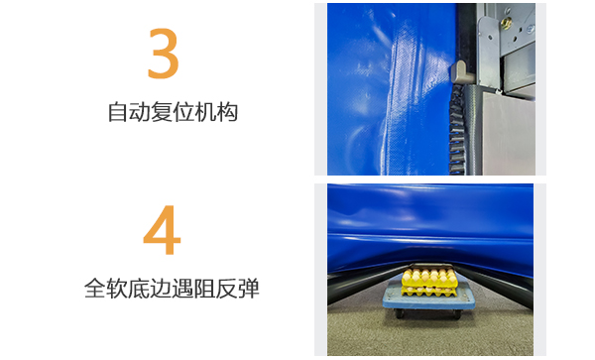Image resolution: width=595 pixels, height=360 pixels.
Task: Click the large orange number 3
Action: (x=163, y=54)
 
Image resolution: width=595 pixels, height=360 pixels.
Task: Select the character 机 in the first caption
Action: (x=205, y=112)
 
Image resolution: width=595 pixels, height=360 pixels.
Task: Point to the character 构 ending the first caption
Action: (x=228, y=112)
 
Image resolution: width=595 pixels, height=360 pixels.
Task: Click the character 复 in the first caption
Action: (x=162, y=112)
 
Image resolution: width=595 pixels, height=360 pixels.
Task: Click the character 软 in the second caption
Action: (x=118, y=290)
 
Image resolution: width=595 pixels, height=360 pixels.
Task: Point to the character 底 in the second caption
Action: (x=140, y=290)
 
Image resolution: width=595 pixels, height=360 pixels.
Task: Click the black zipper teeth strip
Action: (x=458, y=129)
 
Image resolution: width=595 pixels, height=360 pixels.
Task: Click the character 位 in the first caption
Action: (x=183, y=112)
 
